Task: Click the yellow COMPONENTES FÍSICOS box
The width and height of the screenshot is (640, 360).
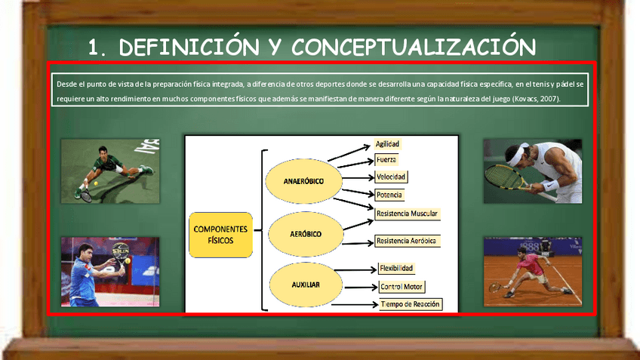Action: click(220, 235)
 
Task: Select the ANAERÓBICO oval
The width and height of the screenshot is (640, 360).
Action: click(303, 183)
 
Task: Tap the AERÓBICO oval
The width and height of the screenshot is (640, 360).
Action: click(305, 234)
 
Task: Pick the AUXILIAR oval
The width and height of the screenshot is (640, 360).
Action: click(305, 285)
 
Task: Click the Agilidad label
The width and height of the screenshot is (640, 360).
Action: click(388, 143)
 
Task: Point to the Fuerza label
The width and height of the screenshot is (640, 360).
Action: click(386, 160)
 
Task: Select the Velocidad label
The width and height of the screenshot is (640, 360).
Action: click(391, 177)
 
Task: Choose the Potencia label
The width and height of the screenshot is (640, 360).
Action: click(389, 195)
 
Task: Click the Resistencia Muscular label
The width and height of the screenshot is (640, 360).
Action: click(407, 214)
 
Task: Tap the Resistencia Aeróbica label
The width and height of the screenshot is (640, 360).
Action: click(406, 241)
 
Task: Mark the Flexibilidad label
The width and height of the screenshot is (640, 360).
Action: click(396, 268)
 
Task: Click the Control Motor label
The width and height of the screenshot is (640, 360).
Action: click(402, 287)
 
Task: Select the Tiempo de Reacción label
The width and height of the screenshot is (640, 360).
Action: click(411, 304)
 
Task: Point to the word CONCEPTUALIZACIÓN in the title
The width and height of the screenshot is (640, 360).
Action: click(414, 48)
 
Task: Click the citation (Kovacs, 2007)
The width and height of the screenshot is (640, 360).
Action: click(536, 99)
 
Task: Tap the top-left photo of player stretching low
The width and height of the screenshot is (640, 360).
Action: click(110, 171)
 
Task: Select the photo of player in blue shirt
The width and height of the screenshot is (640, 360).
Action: click(110, 271)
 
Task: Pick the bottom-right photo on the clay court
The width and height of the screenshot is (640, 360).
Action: click(532, 271)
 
